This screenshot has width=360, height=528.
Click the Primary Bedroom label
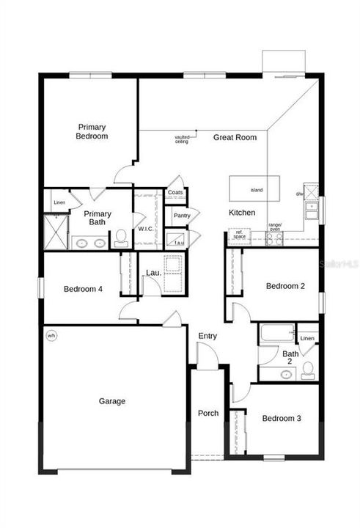click(93, 131)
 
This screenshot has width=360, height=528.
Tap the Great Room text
click(235, 137)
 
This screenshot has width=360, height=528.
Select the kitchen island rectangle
click(256, 188)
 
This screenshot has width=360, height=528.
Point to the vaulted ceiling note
click(182, 139)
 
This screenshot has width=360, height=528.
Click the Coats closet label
click(175, 193)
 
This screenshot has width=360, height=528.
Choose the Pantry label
click(182, 216)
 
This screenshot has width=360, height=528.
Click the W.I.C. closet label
click(145, 229)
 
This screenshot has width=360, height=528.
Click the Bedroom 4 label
click(83, 289)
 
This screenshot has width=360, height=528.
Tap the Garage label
click(112, 401)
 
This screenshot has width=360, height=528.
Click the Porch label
click(208, 414)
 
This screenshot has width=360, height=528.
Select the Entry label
click(207, 336)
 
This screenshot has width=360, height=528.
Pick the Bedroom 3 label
click(282, 419)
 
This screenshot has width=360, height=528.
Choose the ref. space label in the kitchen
click(239, 235)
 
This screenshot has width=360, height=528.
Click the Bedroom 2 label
click(285, 286)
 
